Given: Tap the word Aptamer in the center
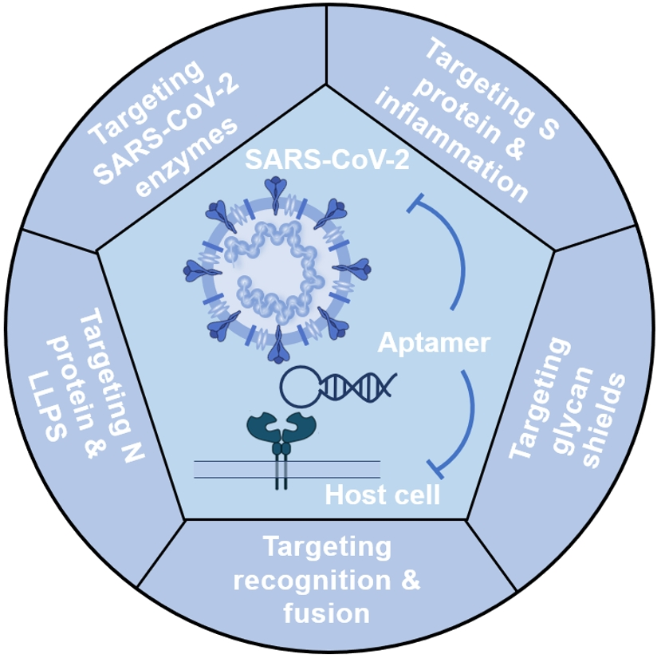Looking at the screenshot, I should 433,343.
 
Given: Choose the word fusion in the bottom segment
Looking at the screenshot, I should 326,614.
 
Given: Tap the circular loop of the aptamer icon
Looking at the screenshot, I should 301,387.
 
